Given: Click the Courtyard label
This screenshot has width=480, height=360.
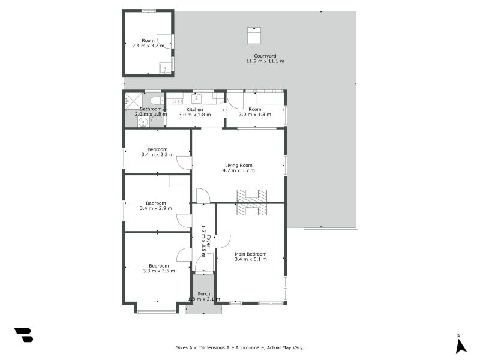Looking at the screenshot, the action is (265, 56).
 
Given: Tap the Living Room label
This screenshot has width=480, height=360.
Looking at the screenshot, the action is (238, 166).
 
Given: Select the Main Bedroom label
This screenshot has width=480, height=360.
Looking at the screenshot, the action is (250, 254).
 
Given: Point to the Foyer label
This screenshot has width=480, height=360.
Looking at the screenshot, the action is (208, 241).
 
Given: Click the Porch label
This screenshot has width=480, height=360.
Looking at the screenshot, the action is (203, 294).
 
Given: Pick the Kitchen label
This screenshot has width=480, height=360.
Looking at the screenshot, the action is (194, 110).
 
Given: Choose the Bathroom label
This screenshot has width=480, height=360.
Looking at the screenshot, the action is (151, 109).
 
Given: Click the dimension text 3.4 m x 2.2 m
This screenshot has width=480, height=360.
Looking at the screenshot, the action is (157, 155).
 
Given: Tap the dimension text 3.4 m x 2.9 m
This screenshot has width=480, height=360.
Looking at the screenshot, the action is (156, 208).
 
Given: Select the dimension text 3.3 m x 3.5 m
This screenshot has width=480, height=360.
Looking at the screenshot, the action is (159, 271).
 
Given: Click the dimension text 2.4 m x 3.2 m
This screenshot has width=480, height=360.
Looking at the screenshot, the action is (148, 46).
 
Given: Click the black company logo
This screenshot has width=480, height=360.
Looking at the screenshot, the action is (23, 335).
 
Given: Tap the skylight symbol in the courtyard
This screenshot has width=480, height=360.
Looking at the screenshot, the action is (254, 35).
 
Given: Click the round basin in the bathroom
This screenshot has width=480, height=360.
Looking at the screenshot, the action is (143, 123).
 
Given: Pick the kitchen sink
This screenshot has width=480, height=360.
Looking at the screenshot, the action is (196, 98).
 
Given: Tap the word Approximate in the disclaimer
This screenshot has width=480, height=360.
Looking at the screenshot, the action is (248, 347).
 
